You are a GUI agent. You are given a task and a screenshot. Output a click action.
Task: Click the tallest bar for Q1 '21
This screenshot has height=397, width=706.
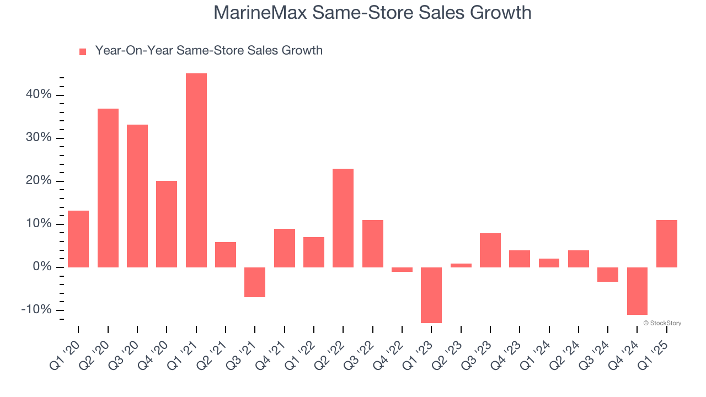coord(196,170)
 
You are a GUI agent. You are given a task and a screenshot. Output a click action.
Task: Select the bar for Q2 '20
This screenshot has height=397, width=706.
coord(108,188)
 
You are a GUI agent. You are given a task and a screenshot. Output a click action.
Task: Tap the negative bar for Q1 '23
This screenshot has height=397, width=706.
coord(431,295)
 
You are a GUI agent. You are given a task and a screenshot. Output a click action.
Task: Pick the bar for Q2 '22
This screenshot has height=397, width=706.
coord(343,218)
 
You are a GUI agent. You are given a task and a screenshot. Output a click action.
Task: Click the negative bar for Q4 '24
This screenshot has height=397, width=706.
coord(637,291)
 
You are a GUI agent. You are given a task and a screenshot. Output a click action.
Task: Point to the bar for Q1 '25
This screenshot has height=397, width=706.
coord(666,244)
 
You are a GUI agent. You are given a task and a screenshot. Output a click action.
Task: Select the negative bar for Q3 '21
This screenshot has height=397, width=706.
coord(255,282)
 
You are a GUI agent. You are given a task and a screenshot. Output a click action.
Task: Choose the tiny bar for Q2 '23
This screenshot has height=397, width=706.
coord(461,265)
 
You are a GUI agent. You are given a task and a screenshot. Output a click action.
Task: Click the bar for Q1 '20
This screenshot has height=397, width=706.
coord(78,239)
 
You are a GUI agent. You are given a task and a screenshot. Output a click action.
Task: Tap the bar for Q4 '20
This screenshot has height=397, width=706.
coord(167,224)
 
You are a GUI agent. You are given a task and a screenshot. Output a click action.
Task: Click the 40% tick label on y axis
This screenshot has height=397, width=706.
coord(39,95)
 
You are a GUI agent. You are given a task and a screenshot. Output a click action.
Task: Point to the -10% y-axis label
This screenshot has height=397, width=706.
coord(36,310)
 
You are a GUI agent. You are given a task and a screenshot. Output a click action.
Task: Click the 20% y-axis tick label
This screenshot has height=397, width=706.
coord(39,181)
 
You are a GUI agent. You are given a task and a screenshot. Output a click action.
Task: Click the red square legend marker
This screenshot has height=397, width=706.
coord(83,52)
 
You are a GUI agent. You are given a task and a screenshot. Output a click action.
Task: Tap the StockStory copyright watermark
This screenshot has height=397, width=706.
coord(662,323)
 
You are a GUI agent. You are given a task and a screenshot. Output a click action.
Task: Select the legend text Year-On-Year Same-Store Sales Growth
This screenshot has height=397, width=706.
coord(208,51)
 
